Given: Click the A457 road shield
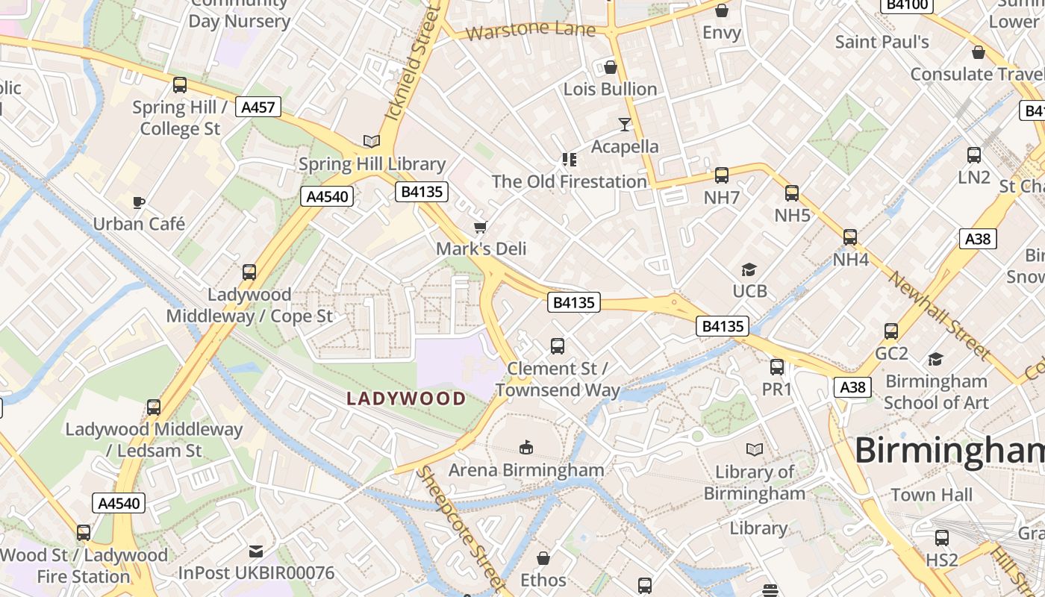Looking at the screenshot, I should pos(258,107).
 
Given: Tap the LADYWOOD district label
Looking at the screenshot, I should pos(406,398).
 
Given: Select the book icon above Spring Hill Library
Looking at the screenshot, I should pos(371,141).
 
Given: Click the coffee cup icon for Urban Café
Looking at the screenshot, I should pos(138,202).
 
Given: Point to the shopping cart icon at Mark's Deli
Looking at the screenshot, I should pos(481,227).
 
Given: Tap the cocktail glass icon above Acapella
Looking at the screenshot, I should pos(625,124).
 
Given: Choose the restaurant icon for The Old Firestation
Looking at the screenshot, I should pos(570,159).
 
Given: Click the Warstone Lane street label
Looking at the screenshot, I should pos(530,31).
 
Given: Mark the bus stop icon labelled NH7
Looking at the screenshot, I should pos(722,175).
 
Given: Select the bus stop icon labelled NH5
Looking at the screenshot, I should pos(792,193).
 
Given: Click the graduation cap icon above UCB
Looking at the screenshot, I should pos(749,269).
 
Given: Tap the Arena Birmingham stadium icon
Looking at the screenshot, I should pos(526,447).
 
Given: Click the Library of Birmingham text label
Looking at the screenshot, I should pos(755,483).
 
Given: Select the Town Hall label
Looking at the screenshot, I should pos(932,495).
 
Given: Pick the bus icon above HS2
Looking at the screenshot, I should pos(942,537).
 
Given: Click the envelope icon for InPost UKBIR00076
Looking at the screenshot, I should pos(256,551).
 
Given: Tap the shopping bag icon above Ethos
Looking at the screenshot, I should pos(543,558).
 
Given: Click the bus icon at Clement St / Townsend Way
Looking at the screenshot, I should pos(558,346).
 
